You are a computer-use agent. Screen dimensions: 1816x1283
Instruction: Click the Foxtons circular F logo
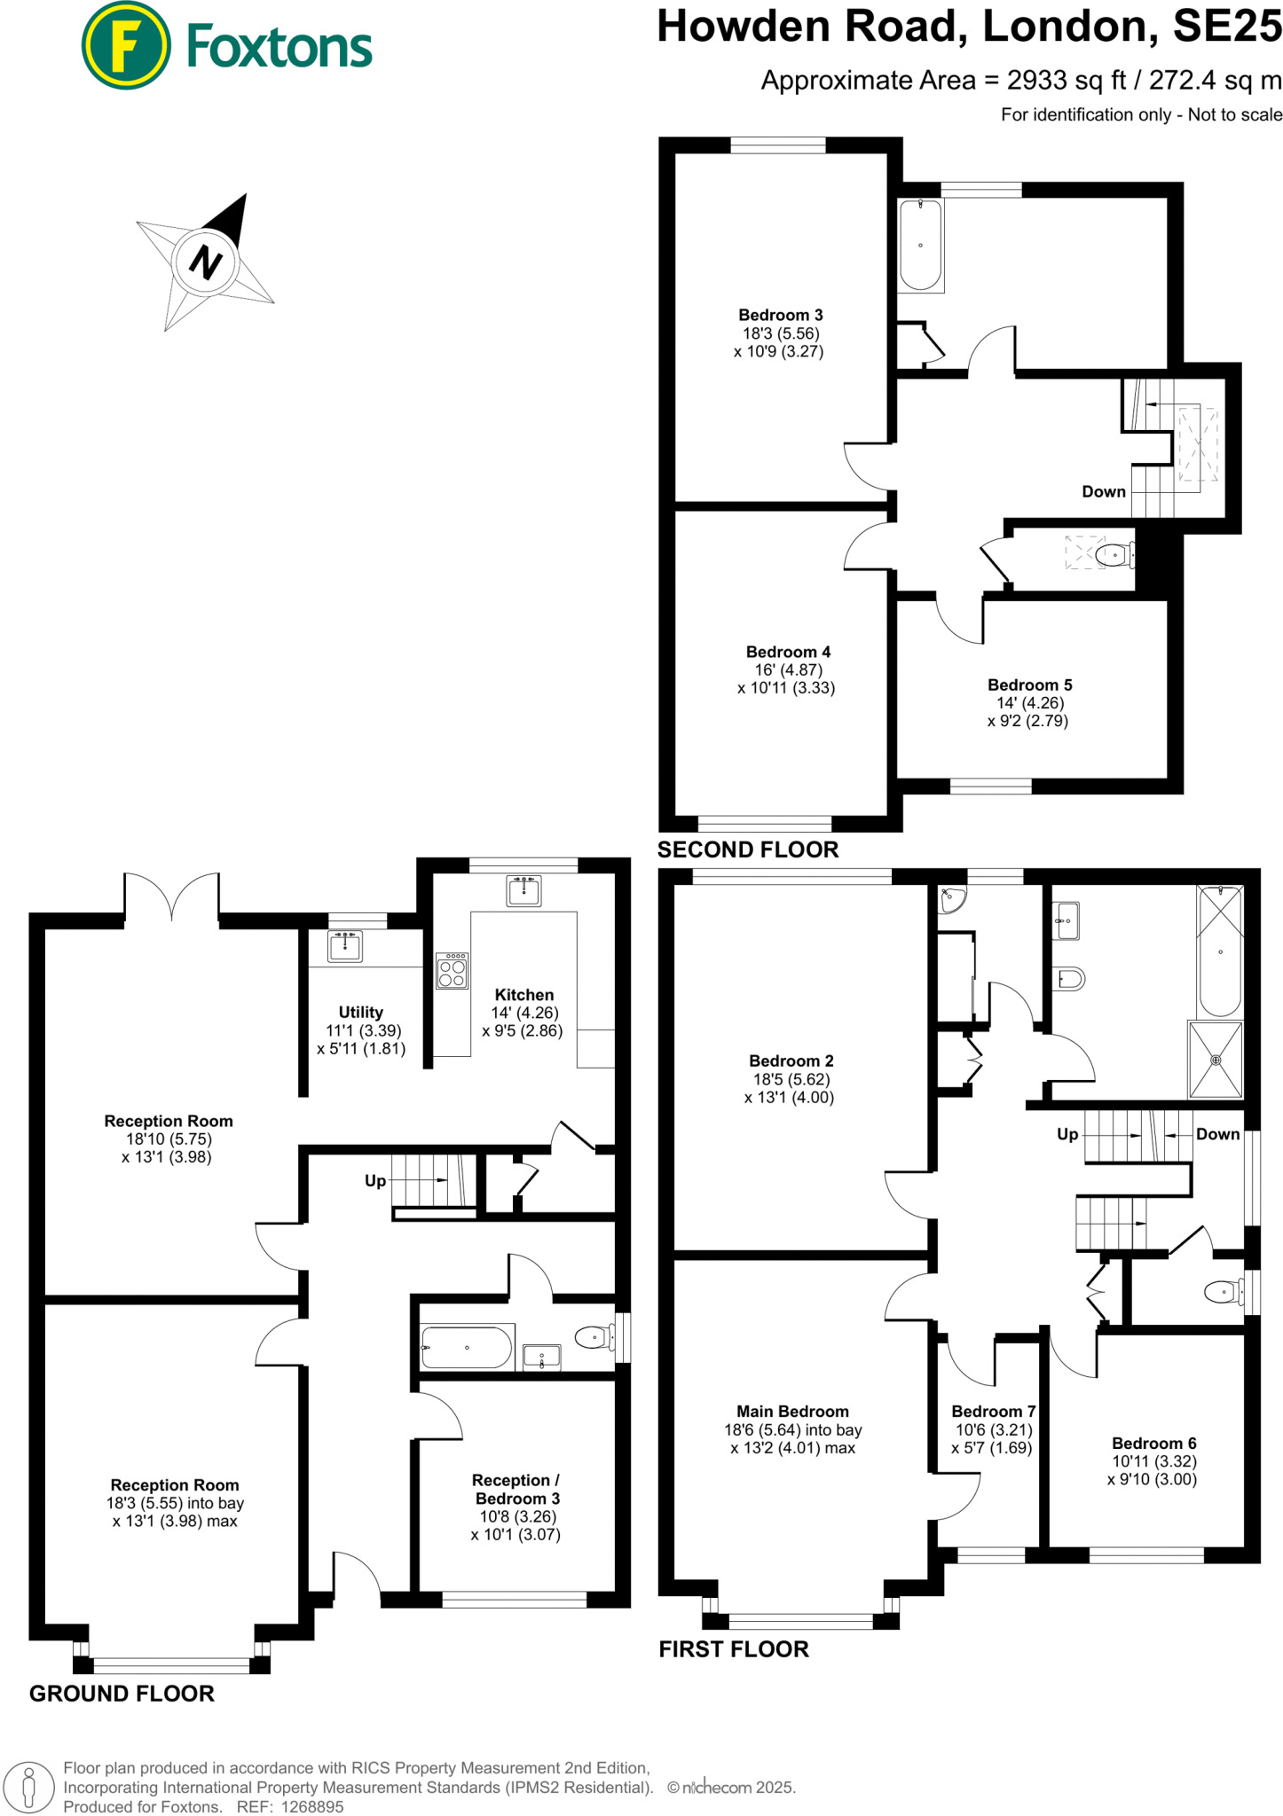tap(125, 45)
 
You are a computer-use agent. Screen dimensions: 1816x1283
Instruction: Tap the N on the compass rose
tap(206, 262)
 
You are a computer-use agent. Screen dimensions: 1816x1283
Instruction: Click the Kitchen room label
tap(523, 995)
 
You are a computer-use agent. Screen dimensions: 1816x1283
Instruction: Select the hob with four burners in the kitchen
tap(452, 971)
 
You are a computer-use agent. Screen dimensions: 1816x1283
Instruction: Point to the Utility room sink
tap(345, 946)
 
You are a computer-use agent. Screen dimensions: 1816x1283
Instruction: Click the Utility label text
tap(360, 1012)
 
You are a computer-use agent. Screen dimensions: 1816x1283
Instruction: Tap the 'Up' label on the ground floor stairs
tap(375, 1180)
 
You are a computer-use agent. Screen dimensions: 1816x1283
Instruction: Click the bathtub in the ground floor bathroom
tap(467, 1348)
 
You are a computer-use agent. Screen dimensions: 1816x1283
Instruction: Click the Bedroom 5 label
tap(1029, 685)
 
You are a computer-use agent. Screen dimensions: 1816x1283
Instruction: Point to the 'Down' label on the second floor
tap(1103, 491)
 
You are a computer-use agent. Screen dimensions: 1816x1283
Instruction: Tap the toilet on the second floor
tap(1113, 555)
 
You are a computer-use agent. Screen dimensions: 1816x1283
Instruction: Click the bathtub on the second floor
tap(920, 245)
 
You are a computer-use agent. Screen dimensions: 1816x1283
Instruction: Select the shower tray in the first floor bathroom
tap(1216, 1060)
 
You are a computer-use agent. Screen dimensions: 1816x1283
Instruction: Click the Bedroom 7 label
tap(993, 1411)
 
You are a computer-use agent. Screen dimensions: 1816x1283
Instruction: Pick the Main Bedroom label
tap(792, 1411)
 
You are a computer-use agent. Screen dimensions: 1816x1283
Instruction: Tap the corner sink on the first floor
tap(951, 900)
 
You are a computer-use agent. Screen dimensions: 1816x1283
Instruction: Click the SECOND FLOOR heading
tap(747, 849)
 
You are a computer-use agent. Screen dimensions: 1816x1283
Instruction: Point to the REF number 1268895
tap(311, 1806)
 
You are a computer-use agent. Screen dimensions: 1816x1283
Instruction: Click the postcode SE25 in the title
tap(1226, 27)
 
